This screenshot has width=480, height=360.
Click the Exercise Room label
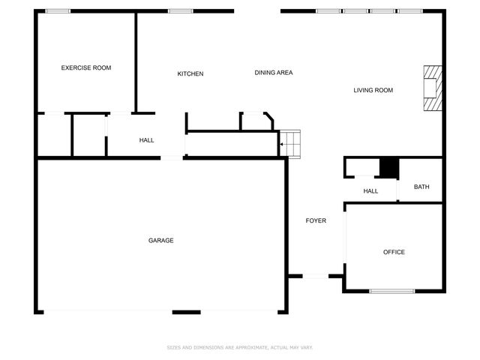coord(85,68)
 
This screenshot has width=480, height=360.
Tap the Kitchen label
coord(190,73)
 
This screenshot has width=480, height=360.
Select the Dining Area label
coord(273,73)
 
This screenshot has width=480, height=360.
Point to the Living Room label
coord(373,91)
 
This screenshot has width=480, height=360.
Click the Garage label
coord(160,241)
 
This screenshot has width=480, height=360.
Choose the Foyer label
coord(316,220)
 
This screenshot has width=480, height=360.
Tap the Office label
coord(394,252)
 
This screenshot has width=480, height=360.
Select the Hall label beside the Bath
coord(370,191)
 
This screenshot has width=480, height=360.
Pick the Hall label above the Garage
coord(146,140)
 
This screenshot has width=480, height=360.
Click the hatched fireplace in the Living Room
coord(431,88)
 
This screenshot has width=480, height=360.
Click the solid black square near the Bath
coord(388,169)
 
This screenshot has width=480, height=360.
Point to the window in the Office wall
coord(392,291)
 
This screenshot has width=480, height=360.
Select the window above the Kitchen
coord(179,11)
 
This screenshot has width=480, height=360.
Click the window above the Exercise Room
coord(58,11)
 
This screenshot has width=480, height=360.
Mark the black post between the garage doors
coord(186,312)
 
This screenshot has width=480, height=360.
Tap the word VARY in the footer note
coord(305,348)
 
